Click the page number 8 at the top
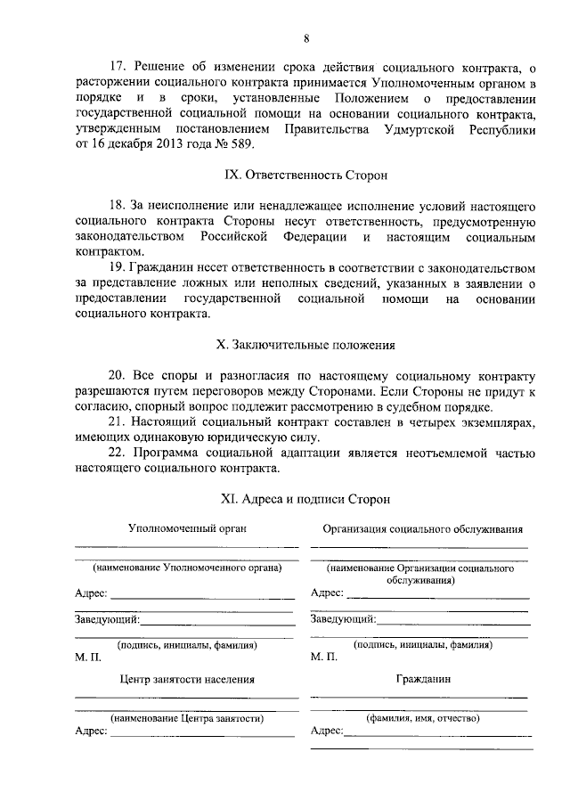[x=305, y=37]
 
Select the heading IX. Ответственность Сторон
[x=305, y=176]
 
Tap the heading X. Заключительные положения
[x=305, y=344]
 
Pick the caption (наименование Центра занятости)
[x=187, y=717]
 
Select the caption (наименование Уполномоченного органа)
[x=187, y=568]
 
